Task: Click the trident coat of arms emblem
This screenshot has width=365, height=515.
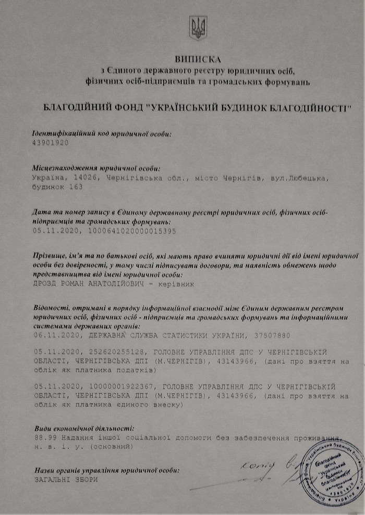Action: (198, 28)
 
